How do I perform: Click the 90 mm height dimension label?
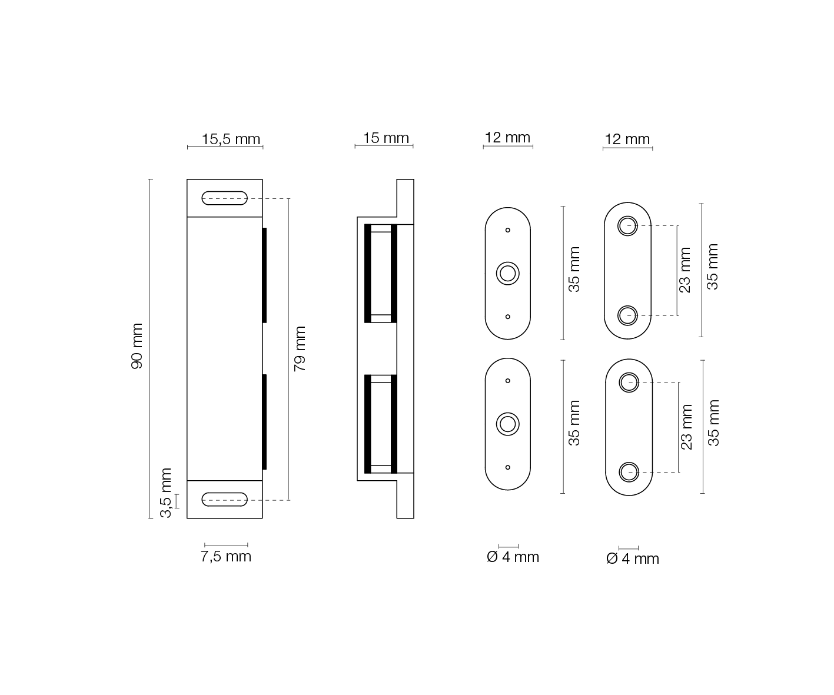(x=137, y=346)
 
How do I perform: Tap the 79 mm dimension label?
(x=300, y=349)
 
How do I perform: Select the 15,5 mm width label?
(x=231, y=139)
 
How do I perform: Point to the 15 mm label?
(x=386, y=138)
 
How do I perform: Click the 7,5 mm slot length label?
(x=225, y=556)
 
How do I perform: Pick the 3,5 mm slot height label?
(x=166, y=493)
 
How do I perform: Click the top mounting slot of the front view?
(x=224, y=198)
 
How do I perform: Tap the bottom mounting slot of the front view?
(x=224, y=499)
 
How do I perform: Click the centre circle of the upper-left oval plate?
(x=508, y=274)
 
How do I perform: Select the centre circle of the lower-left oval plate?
(x=508, y=424)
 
